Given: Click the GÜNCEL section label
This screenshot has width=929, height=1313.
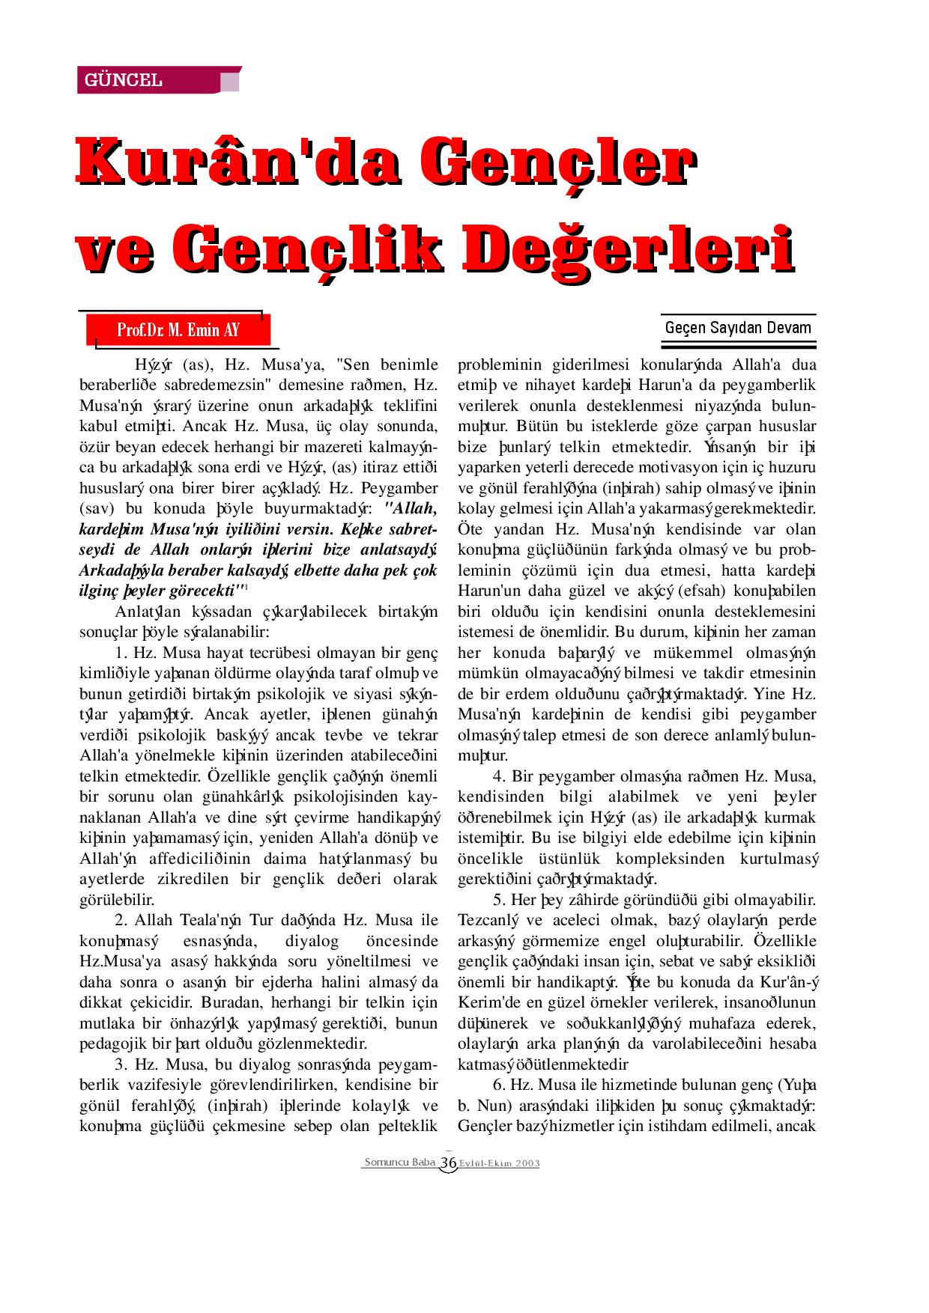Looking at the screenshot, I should (x=124, y=80).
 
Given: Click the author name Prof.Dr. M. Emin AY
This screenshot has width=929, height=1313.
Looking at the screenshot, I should (x=178, y=330).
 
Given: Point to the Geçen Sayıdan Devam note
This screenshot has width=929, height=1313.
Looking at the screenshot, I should (x=737, y=328).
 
